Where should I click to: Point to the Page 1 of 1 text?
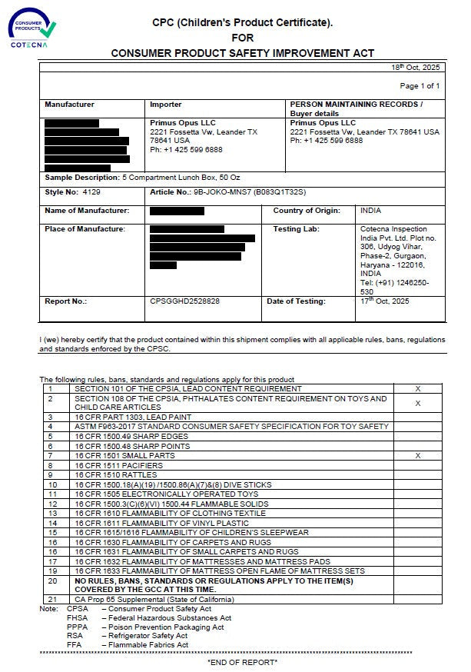click(420, 86)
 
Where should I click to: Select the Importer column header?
click(166, 105)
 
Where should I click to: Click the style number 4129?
click(91, 191)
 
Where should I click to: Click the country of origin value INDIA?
click(370, 211)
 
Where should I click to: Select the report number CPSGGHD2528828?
click(185, 301)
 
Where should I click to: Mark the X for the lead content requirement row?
click(418, 389)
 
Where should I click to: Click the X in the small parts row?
click(418, 456)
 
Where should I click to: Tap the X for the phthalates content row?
click(418, 403)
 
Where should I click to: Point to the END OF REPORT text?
click(242, 661)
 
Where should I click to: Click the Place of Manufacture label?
click(85, 229)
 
